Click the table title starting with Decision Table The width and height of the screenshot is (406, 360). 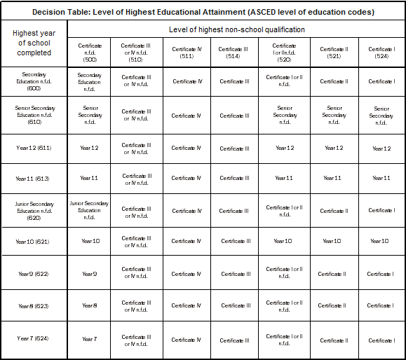[203, 11]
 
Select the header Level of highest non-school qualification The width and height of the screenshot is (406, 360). [236, 30]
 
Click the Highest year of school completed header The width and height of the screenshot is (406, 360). [34, 43]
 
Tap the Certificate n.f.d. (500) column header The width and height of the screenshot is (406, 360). [89, 53]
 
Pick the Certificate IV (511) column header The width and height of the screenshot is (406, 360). [187, 53]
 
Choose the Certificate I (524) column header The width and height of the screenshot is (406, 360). [381, 53]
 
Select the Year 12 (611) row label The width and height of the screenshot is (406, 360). [34, 148]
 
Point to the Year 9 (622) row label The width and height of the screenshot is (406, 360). [34, 274]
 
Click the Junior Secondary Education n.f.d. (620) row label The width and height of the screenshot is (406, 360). [34, 211]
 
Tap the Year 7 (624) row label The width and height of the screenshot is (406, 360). [34, 339]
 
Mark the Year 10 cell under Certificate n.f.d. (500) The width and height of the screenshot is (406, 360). [90, 241]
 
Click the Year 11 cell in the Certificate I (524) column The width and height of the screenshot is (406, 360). [381, 178]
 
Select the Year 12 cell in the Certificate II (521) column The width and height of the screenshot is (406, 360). [334, 148]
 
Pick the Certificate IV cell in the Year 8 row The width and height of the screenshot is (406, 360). [187, 305]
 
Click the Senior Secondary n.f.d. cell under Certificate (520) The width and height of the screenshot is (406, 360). [285, 116]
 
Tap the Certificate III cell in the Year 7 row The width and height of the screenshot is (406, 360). [236, 340]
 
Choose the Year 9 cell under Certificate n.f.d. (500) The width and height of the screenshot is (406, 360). [89, 274]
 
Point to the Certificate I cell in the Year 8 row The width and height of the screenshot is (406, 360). [381, 305]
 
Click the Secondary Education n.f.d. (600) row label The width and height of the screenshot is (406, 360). [34, 81]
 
